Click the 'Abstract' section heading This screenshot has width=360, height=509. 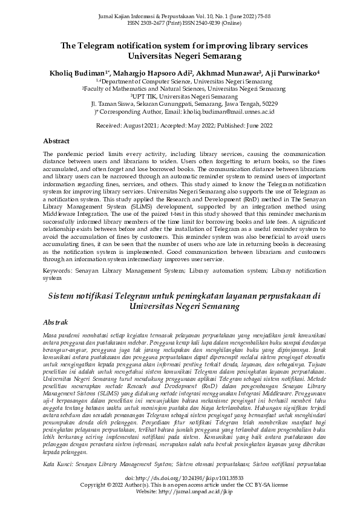[56, 140]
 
